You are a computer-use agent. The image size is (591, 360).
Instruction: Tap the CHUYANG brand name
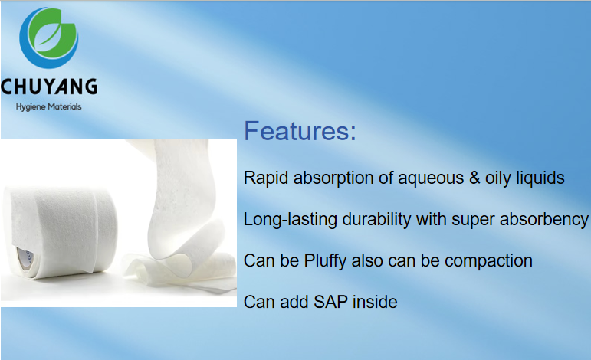pos(48,86)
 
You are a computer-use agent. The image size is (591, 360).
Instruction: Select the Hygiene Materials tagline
pos(48,106)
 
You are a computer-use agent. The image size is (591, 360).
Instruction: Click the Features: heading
pos(300,131)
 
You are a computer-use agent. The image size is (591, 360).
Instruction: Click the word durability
pos(374,219)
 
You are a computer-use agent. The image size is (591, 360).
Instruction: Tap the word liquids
pos(540,178)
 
